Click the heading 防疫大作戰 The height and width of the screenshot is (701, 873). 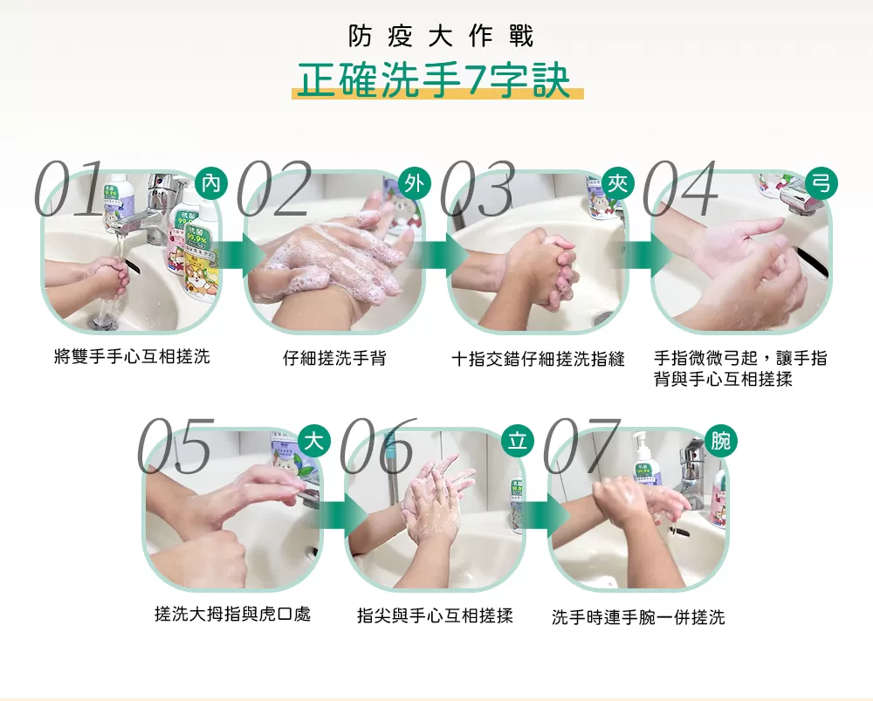pos(440,37)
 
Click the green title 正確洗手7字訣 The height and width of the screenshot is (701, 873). pos(434,80)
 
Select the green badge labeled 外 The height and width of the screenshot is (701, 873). pos(414,183)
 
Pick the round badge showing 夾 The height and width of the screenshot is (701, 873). pos(618,183)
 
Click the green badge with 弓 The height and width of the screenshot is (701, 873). pos(821,183)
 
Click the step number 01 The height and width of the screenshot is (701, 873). pos(70,188)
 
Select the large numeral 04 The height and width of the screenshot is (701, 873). pos(681,188)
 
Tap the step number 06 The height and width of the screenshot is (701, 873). pos(377,446)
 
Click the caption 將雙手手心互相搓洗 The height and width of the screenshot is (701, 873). pos(131,356)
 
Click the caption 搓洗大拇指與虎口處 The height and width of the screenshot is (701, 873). pos(232,615)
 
